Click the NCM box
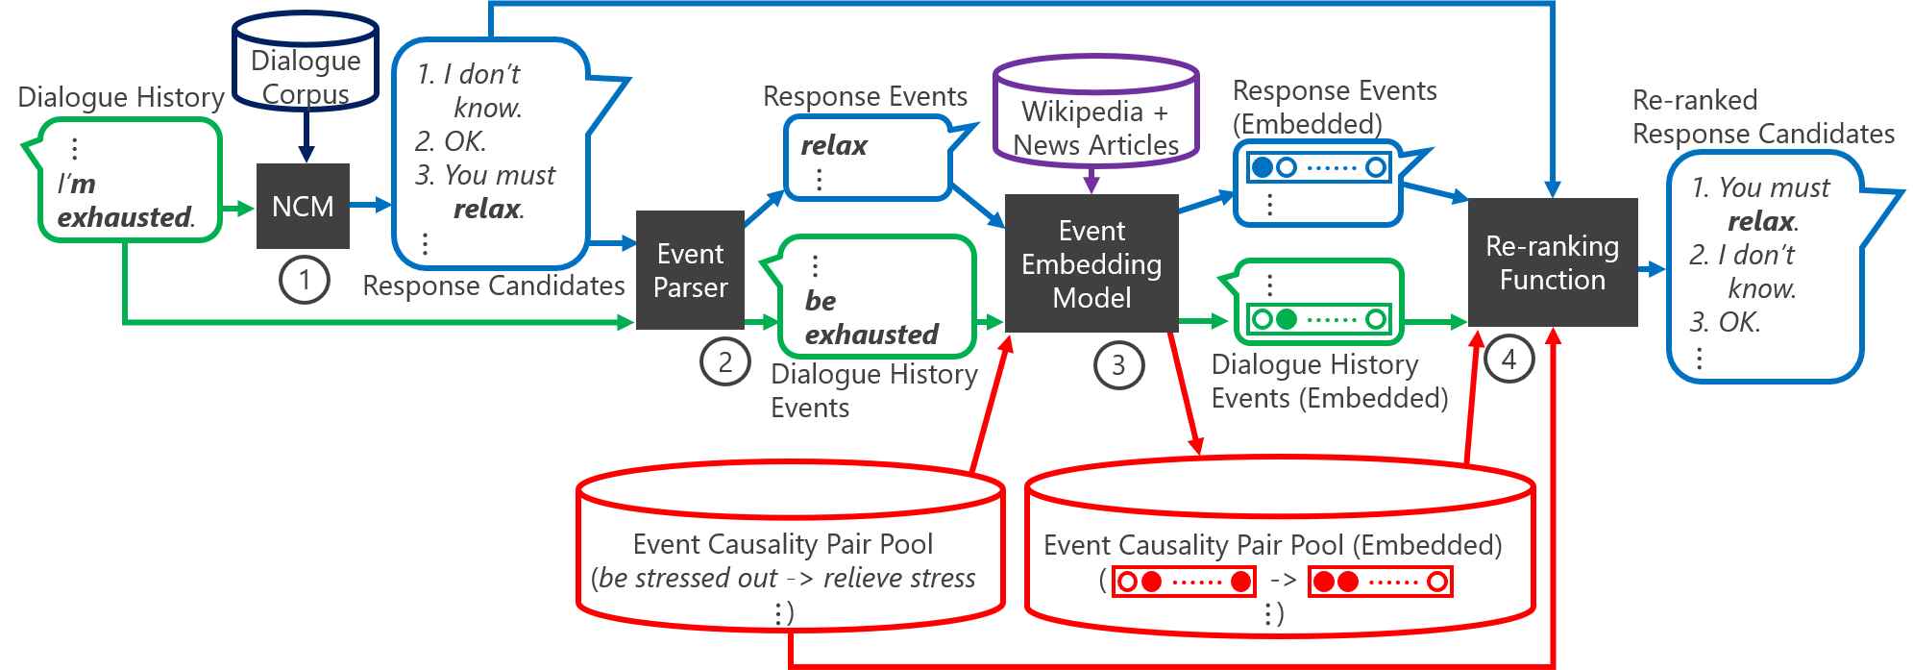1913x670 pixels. point(303,206)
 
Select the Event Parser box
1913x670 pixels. point(690,270)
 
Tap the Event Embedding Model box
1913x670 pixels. point(1091,263)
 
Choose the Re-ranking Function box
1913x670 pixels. point(1553,262)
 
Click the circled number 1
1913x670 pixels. point(305,280)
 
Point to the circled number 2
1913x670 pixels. point(725,361)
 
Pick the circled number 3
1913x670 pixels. point(1118,365)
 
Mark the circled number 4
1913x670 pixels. point(1509,359)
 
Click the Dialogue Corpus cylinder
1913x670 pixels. point(306,61)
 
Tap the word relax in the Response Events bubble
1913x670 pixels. point(834,145)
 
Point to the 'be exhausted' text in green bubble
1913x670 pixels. point(871,317)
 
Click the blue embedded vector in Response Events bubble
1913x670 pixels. point(1318,167)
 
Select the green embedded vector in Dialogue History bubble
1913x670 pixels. point(1318,319)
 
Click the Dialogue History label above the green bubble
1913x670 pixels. point(121,97)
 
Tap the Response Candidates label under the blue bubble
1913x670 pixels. point(494,285)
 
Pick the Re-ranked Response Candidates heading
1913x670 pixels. point(1763,117)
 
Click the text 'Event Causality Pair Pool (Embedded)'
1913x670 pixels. point(1273,545)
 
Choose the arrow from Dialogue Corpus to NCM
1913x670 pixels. point(306,136)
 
